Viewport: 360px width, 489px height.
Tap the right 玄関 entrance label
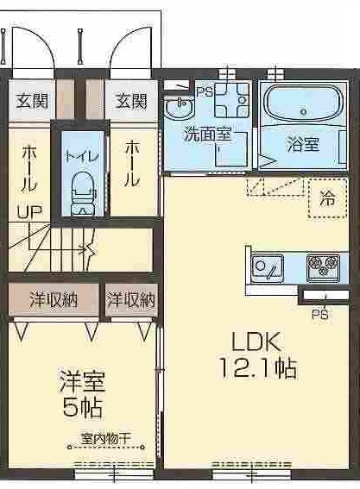131,100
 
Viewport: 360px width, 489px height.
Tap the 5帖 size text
83,405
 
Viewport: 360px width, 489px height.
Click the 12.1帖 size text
256,367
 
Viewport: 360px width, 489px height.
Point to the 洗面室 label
206,135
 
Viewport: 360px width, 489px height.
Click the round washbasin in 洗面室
180,110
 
